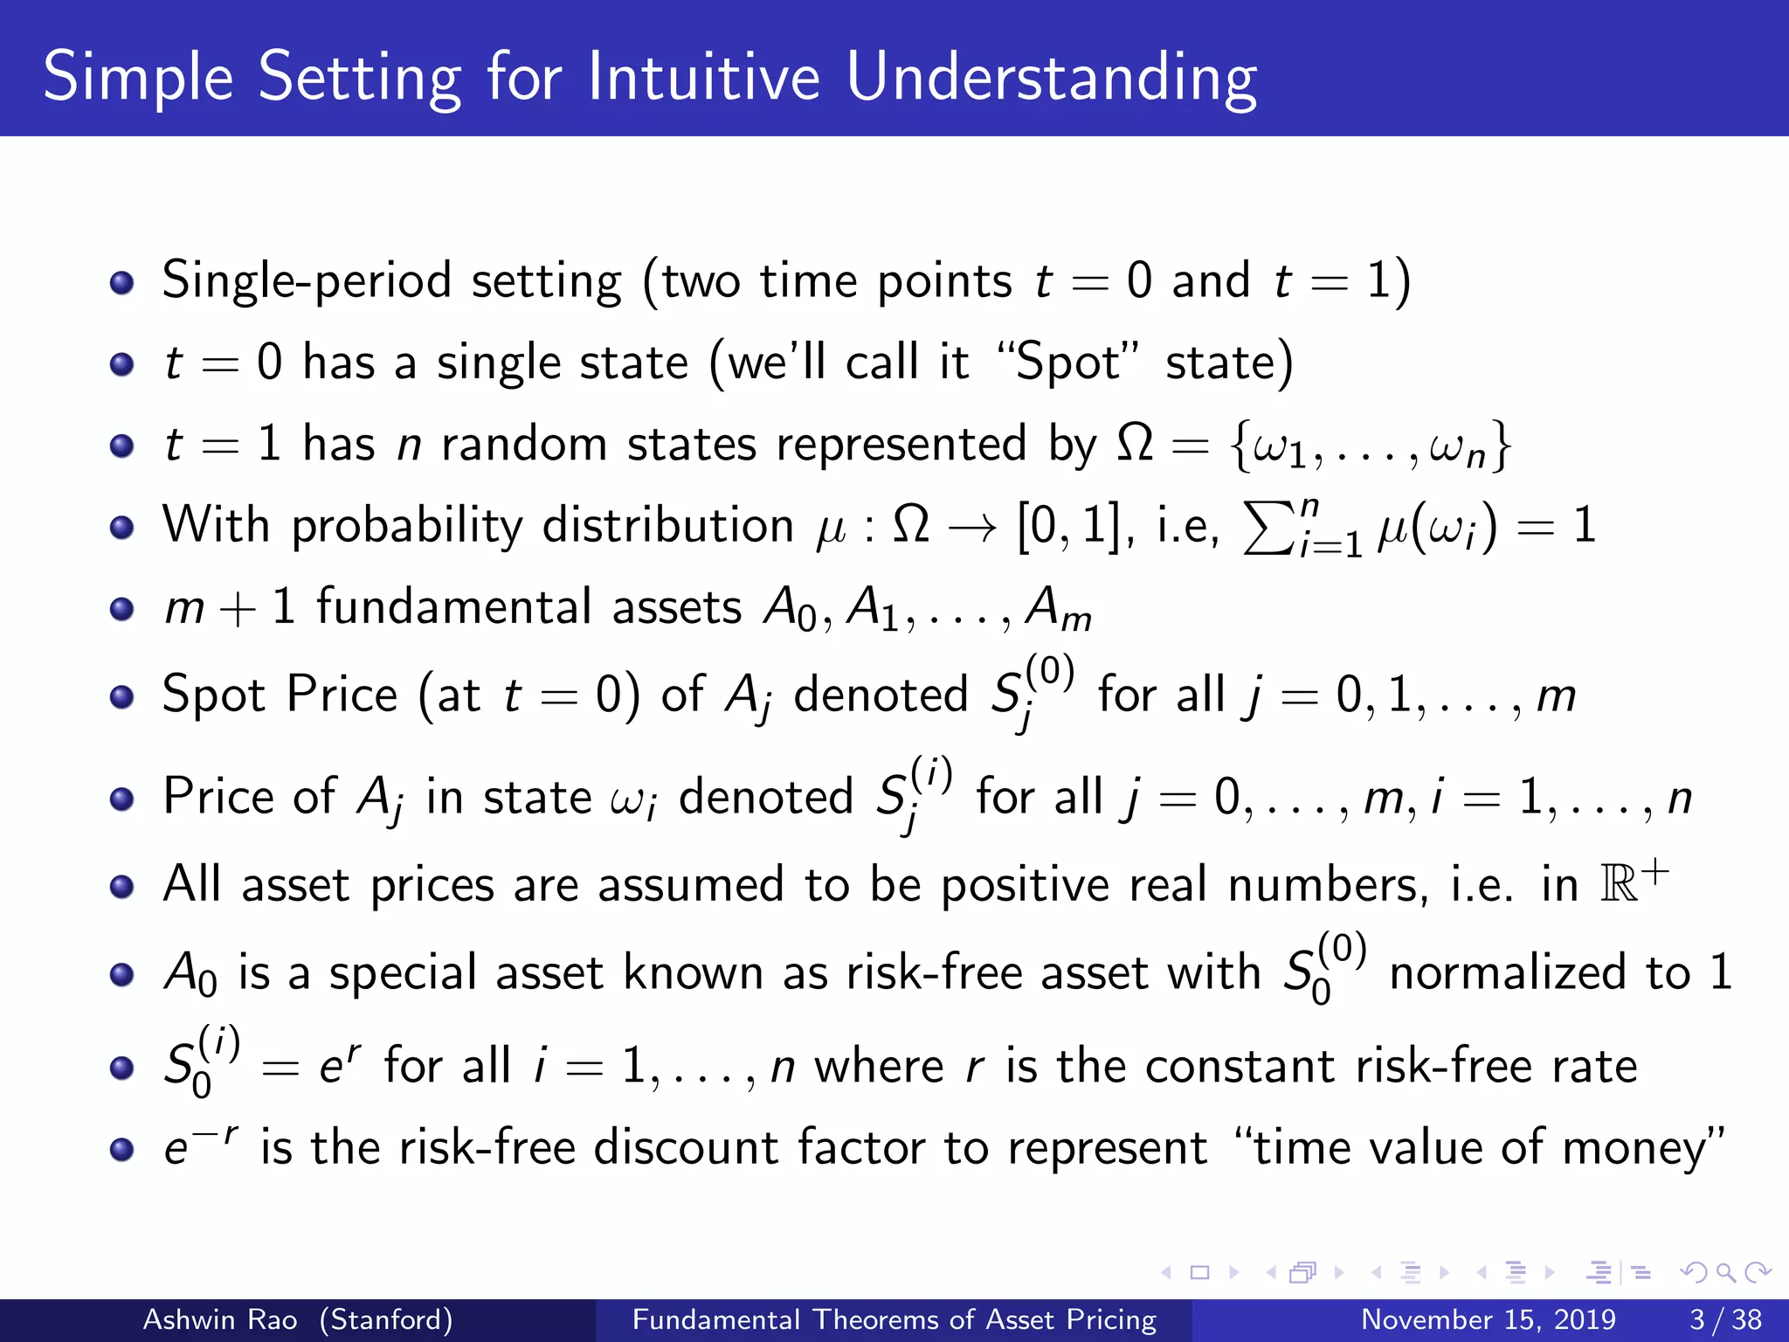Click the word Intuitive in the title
pos(703,77)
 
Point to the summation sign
pos(1268,528)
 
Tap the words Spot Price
pos(280,695)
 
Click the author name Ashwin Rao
pos(220,1319)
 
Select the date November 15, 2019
pos(1488,1319)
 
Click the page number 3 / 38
pos(1725,1319)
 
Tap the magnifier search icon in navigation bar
pos(1724,1272)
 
